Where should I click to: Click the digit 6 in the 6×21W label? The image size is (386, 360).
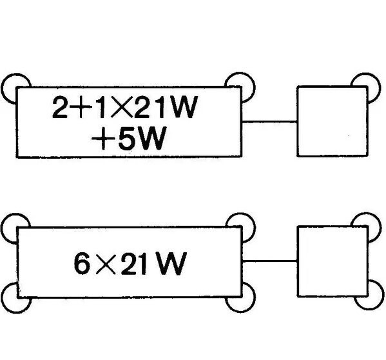[x=82, y=263]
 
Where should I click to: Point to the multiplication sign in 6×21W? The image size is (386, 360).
[x=106, y=264]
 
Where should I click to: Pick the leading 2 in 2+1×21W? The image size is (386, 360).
[x=60, y=107]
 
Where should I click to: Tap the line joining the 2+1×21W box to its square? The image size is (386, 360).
[x=269, y=121]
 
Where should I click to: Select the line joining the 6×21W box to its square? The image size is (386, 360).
[x=270, y=261]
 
